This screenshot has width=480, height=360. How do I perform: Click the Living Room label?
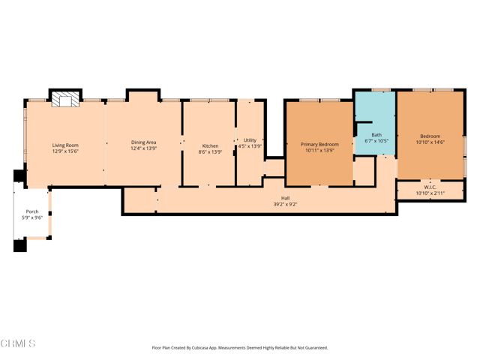pyautogui.click(x=65, y=145)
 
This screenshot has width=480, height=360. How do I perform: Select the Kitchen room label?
pyautogui.click(x=210, y=145)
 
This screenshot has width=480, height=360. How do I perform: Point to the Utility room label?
pyautogui.click(x=250, y=140)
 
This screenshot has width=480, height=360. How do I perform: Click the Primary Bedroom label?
pyautogui.click(x=319, y=144)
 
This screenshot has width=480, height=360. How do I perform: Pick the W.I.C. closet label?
pyautogui.click(x=430, y=188)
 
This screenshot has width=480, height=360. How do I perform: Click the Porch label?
pyautogui.click(x=32, y=211)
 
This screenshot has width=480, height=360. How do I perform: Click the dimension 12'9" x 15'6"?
pyautogui.click(x=65, y=151)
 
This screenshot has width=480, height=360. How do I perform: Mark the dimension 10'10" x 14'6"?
pyautogui.click(x=430, y=142)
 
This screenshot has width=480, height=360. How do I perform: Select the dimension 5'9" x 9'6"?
pyautogui.click(x=32, y=217)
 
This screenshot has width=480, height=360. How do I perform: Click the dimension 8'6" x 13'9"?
pyautogui.click(x=210, y=151)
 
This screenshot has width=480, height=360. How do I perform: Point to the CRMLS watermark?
pyautogui.click(x=19, y=343)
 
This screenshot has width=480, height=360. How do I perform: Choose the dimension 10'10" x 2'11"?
pyautogui.click(x=430, y=194)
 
